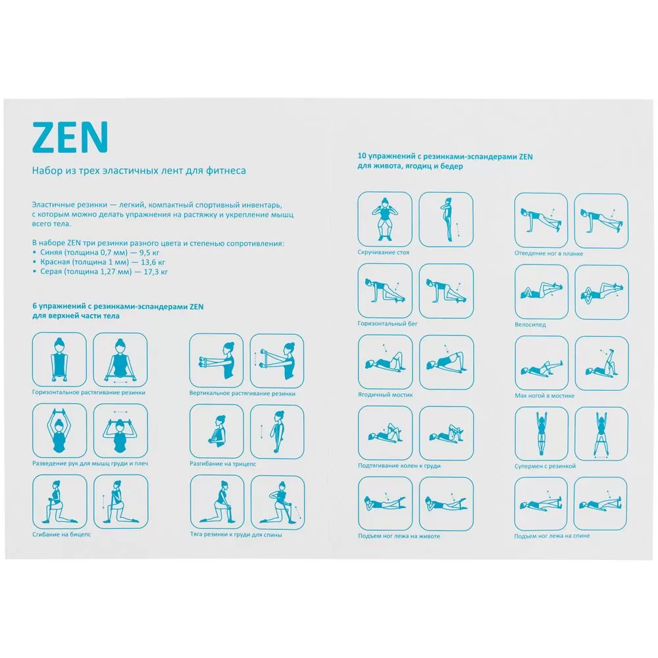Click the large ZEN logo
(x=70, y=137)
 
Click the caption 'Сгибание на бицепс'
(x=61, y=534)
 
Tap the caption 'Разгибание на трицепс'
(x=222, y=464)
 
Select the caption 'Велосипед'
(x=530, y=324)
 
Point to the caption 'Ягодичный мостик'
(x=385, y=395)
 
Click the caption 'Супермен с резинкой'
(x=545, y=467)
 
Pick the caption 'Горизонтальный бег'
(x=388, y=324)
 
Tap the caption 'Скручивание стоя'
(x=384, y=252)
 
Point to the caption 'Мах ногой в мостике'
(x=544, y=395)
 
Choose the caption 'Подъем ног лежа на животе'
(x=399, y=536)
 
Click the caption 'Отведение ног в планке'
(x=549, y=253)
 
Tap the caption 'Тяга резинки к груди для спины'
(x=236, y=534)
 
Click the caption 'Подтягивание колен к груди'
(x=399, y=466)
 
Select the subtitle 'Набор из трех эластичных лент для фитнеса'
(x=139, y=171)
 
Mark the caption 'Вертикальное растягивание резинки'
(x=242, y=393)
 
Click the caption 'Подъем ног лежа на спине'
(x=552, y=536)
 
